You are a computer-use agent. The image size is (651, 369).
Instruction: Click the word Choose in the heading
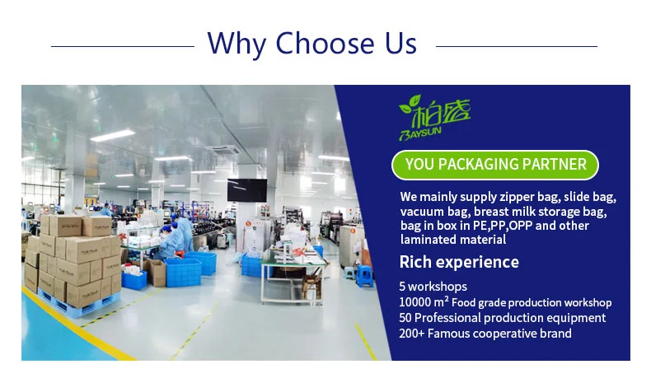click(325, 43)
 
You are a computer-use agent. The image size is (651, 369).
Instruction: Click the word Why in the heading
click(237, 44)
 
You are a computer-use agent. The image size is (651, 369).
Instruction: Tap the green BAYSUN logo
click(434, 118)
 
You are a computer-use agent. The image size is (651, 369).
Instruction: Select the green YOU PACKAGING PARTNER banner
click(495, 165)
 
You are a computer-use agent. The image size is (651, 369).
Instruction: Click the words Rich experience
click(459, 262)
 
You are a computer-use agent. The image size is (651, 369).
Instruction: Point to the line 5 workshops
click(433, 287)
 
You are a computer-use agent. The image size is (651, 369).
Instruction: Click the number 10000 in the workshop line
click(415, 302)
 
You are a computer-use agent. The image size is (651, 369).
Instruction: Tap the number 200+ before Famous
click(411, 334)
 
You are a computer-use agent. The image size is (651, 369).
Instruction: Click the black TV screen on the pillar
click(247, 190)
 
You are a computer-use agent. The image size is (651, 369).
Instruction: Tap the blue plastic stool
click(364, 275)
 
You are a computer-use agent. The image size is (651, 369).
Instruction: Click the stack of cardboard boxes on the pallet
click(73, 260)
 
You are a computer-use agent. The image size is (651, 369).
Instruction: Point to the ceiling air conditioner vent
click(222, 150)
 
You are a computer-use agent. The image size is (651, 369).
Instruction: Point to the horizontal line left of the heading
click(123, 46)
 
